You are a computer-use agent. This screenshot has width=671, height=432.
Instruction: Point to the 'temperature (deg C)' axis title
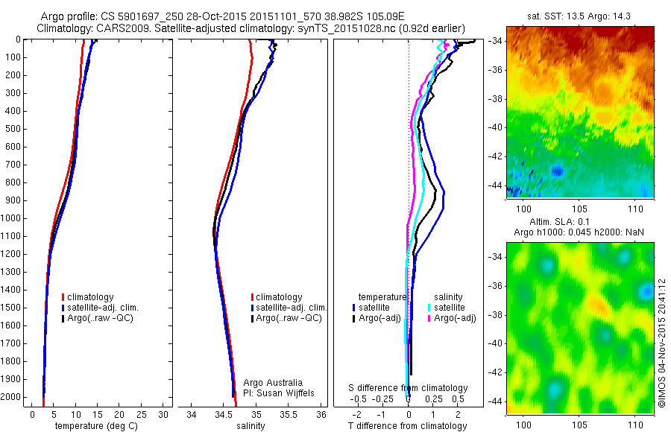(93, 426)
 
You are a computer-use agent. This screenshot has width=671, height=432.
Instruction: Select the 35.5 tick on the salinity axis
(289, 414)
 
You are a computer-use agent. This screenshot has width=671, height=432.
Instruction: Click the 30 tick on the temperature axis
(163, 414)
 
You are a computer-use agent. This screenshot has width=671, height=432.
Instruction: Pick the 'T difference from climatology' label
(408, 426)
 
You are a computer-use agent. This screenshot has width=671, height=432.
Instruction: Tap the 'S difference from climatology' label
(408, 388)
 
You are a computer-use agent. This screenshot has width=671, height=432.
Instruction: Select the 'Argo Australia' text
(273, 382)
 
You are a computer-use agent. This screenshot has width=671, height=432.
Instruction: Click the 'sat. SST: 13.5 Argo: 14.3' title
(579, 16)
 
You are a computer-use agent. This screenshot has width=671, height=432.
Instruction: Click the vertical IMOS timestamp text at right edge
(661, 343)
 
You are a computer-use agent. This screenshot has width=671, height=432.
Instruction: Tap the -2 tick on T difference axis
(357, 414)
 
